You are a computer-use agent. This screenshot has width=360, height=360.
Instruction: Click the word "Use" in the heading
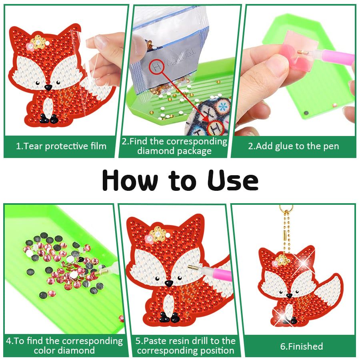coord(233,180)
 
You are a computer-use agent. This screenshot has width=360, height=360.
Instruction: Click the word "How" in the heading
coord(130,180)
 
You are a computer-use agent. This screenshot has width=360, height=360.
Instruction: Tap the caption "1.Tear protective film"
coord(61,146)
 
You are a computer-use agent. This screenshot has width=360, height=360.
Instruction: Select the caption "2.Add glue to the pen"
coord(294,146)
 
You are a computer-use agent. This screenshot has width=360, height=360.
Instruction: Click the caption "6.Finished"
coord(302,346)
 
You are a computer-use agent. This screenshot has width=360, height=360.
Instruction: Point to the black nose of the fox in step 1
coord(48,87)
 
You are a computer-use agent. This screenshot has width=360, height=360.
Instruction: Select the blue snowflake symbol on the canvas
coord(222,107)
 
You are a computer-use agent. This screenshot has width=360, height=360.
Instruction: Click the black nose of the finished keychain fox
coord(289,295)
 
